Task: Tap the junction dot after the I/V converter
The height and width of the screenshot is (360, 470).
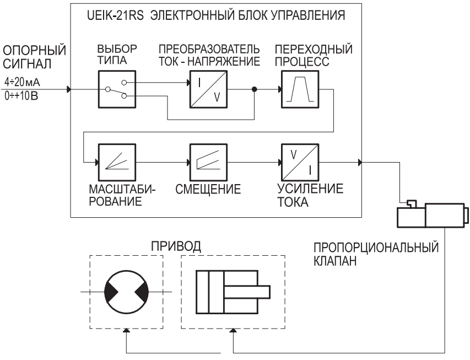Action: pos(254,89)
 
